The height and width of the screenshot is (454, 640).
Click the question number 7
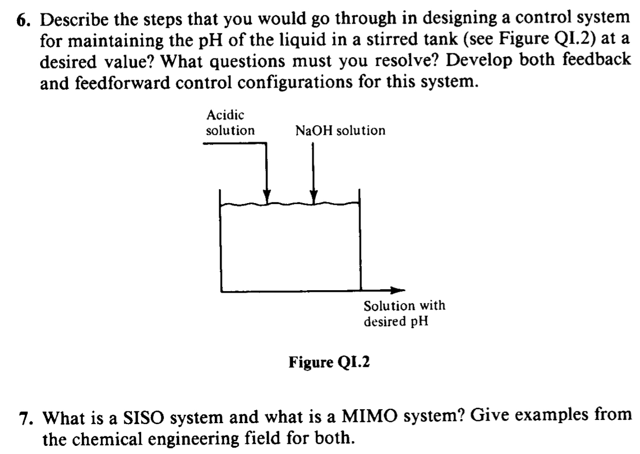coord(24,418)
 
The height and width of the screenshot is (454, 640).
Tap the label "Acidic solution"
coord(230,123)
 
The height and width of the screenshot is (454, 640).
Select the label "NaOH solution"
coord(341,131)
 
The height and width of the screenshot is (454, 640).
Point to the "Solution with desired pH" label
coord(404,313)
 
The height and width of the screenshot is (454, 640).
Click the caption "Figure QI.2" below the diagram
coord(329,363)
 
